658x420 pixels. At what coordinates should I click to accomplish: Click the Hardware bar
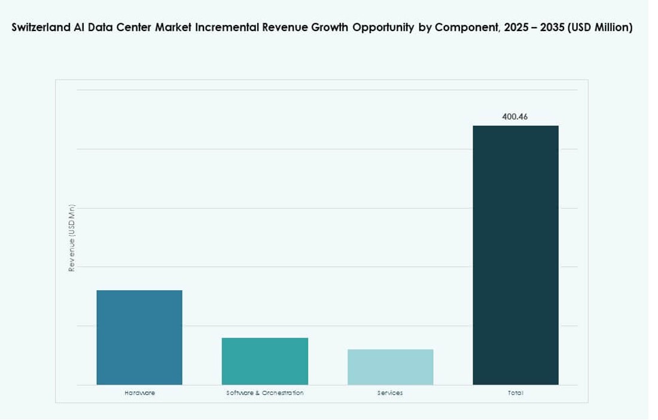click(x=139, y=337)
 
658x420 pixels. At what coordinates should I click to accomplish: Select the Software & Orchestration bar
click(x=265, y=361)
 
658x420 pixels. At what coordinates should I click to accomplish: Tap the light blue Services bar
click(x=390, y=367)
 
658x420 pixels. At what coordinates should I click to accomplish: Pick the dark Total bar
click(x=516, y=255)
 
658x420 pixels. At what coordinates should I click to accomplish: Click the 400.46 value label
click(x=515, y=117)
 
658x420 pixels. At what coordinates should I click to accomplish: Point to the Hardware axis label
click(x=139, y=393)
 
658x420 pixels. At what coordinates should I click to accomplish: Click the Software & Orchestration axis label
click(x=265, y=393)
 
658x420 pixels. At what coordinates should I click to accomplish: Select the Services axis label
click(x=390, y=393)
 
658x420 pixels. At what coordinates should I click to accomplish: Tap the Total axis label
click(x=516, y=393)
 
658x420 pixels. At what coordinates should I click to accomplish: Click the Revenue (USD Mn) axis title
click(x=72, y=238)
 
